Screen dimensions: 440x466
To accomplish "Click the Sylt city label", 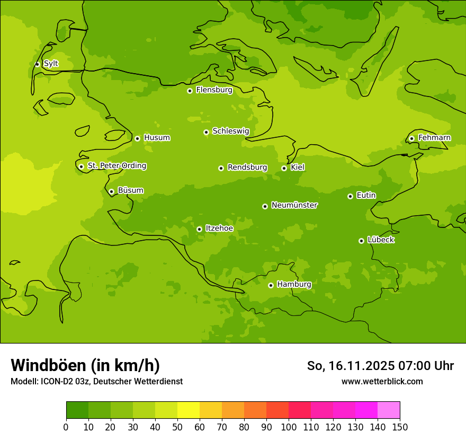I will pos(51,64).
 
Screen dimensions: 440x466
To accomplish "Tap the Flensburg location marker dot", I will pos(190,91).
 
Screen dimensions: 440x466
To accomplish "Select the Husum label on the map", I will pos(157,138).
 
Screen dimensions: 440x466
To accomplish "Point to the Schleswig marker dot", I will pos(206,132).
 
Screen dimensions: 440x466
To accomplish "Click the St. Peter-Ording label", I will pos(116,166).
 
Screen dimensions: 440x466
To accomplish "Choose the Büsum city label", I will pos(130,190).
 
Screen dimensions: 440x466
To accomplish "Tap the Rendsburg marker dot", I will pos(221,168).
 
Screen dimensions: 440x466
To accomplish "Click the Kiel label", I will pos(298,168).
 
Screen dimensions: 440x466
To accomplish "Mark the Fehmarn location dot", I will pos(411,138).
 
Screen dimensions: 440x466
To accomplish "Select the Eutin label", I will pos(366,196).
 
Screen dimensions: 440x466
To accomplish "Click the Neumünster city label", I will pos(294,205).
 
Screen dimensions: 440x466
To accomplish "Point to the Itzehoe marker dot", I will pos(199,229).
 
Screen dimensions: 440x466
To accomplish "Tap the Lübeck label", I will pos(381,240).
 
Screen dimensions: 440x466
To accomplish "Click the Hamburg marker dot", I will pos(271,285).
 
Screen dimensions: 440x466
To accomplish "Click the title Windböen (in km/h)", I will pos(85,365).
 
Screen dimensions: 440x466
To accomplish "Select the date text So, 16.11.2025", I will pos(349,366).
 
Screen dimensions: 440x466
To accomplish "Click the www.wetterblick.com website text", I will pos(382,381).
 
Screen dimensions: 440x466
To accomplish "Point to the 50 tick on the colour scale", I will pos(177,426).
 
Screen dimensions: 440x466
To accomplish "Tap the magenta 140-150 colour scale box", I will pos(389,410).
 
